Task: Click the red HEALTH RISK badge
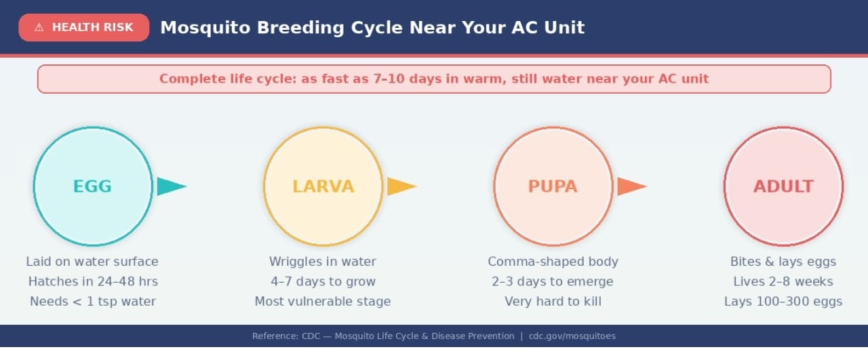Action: tap(83, 28)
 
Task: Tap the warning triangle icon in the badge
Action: tap(39, 28)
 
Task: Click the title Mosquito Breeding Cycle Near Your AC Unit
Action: tap(372, 28)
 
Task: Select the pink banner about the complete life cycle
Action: tap(434, 79)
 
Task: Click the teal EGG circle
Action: tap(93, 186)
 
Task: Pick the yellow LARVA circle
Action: tap(323, 186)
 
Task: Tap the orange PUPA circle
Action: tap(553, 186)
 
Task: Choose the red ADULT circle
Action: tap(783, 186)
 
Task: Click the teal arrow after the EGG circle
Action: tap(170, 186)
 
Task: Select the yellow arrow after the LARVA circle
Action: tap(400, 186)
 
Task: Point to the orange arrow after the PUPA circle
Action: tap(630, 186)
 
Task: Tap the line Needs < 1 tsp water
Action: tap(93, 302)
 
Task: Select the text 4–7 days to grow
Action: tap(323, 281)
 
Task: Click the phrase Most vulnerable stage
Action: tap(323, 302)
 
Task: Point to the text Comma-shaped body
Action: tap(553, 262)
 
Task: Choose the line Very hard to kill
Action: tap(553, 302)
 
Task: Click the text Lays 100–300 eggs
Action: tap(783, 302)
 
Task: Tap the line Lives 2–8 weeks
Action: tap(783, 281)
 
